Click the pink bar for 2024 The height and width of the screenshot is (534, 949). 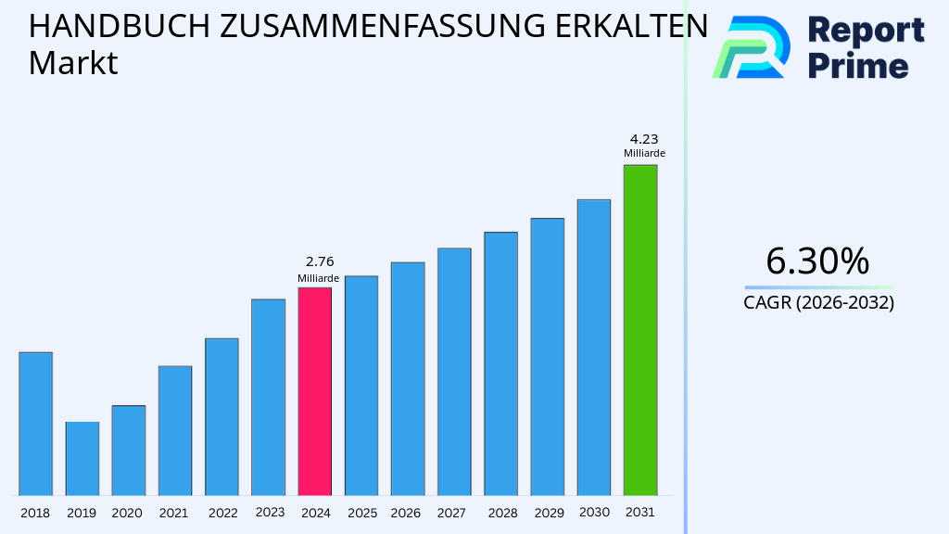tap(314, 391)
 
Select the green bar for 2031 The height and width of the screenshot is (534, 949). tap(639, 330)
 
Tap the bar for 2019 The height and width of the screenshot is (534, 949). tap(82, 459)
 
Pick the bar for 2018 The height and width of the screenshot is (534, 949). tap(35, 424)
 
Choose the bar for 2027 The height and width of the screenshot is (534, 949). tap(454, 372)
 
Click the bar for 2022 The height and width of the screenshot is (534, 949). tap(221, 416)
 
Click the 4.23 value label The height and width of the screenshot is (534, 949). tap(643, 139)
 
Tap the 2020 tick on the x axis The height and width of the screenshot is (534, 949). tap(127, 513)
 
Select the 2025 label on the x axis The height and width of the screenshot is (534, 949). tap(361, 513)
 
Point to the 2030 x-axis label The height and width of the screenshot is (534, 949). tap(593, 512)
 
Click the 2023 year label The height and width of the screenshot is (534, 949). tap(270, 512)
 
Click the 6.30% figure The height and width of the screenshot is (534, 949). tap(817, 261)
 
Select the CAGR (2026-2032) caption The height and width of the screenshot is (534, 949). tap(818, 302)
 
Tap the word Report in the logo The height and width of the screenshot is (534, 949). tap(866, 31)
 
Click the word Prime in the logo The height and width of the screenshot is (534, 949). tap(858, 66)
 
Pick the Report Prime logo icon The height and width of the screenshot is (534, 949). tap(751, 46)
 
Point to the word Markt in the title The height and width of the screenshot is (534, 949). tap(73, 64)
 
